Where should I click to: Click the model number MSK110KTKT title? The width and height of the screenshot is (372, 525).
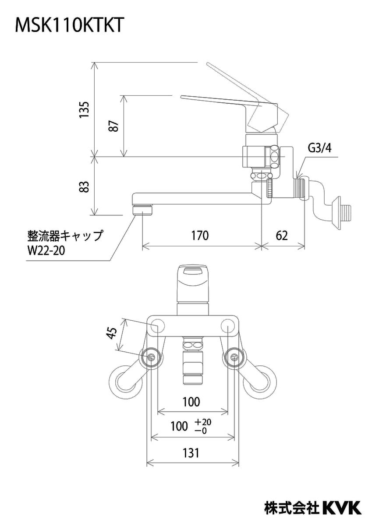point(68,25)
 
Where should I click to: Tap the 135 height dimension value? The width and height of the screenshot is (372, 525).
point(85,110)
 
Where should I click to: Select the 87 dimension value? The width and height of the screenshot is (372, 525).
point(114,126)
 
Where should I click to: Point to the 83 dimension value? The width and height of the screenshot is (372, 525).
point(85,186)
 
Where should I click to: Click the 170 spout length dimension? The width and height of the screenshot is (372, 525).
point(200,235)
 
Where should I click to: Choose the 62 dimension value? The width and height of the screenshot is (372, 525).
point(282,235)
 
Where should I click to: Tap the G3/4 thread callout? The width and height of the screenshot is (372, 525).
point(320,148)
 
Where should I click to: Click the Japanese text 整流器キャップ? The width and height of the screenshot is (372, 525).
point(65,235)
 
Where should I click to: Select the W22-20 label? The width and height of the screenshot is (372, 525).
point(46,251)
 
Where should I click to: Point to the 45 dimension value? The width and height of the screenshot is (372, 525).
point(111,333)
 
